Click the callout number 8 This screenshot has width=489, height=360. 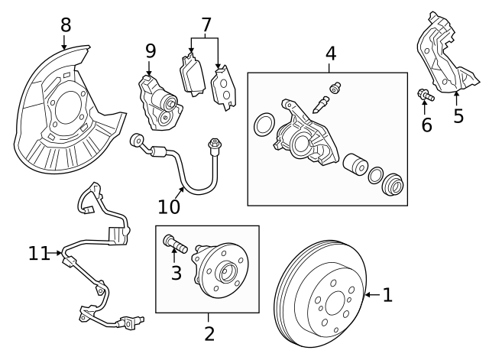(65, 24)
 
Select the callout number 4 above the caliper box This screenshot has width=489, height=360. (330, 54)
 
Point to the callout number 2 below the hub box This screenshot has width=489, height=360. (209, 333)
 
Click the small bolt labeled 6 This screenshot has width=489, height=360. (425, 96)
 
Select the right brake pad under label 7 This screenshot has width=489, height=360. (223, 85)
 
